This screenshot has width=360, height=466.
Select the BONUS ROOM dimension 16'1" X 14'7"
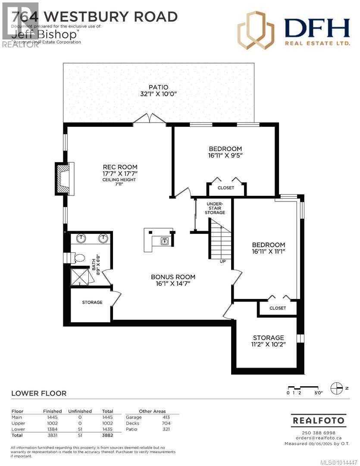[173, 284]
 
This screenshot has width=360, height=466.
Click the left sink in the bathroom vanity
[82, 238]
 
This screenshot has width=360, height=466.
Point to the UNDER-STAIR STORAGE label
[215, 208]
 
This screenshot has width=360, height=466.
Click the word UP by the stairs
[222, 261]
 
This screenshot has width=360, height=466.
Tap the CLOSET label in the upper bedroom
[226, 188]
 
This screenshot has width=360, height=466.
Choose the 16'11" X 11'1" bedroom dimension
[269, 251]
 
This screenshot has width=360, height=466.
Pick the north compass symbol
[336, 388]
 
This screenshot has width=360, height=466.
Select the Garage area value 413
[166, 417]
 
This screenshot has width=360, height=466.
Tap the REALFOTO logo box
[319, 420]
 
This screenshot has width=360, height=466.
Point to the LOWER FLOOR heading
[39, 393]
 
